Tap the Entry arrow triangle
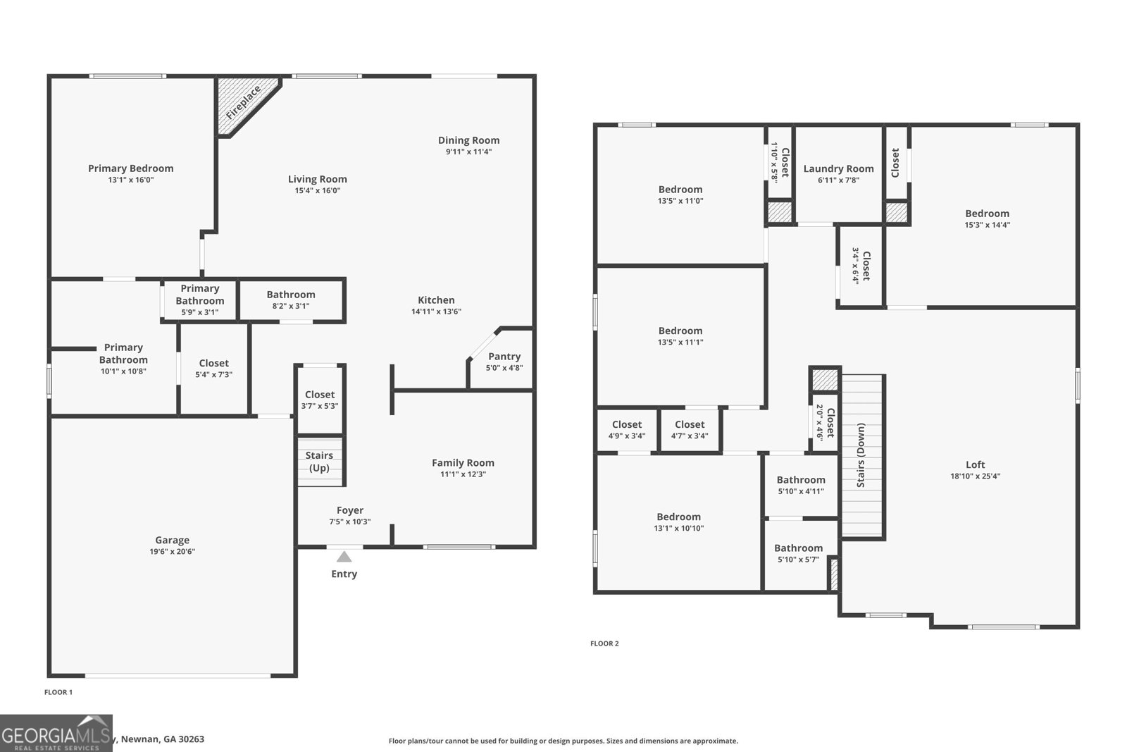tap(344, 557)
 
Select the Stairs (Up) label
tap(319, 462)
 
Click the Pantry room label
tap(504, 357)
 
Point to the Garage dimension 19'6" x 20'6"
tap(172, 552)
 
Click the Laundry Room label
tap(838, 168)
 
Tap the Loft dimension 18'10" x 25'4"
tap(975, 476)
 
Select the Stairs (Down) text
tap(861, 455)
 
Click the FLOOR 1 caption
tap(58, 692)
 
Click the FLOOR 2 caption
tap(604, 643)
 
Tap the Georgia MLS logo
tap(56, 733)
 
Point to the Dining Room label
tap(468, 140)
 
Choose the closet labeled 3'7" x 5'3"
tap(320, 400)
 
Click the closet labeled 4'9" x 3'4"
tap(627, 430)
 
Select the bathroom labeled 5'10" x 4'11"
tap(801, 485)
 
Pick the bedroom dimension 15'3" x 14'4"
tap(987, 225)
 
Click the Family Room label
tap(463, 463)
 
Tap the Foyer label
tap(350, 510)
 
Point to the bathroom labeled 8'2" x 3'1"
tap(291, 300)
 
